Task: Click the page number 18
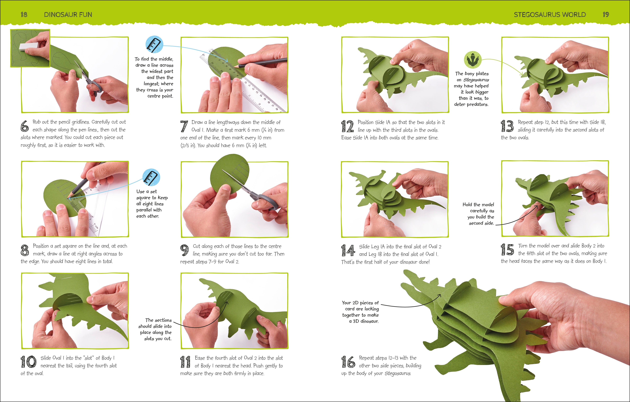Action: click(x=24, y=15)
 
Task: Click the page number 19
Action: click(x=606, y=15)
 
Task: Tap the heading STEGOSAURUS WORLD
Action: click(x=550, y=15)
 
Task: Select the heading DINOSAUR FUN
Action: click(x=68, y=15)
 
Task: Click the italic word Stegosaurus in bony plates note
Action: click(x=476, y=80)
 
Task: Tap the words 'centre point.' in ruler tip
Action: click(x=160, y=96)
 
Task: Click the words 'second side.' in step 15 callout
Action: click(x=481, y=223)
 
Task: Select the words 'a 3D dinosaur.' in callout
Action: click(x=364, y=321)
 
